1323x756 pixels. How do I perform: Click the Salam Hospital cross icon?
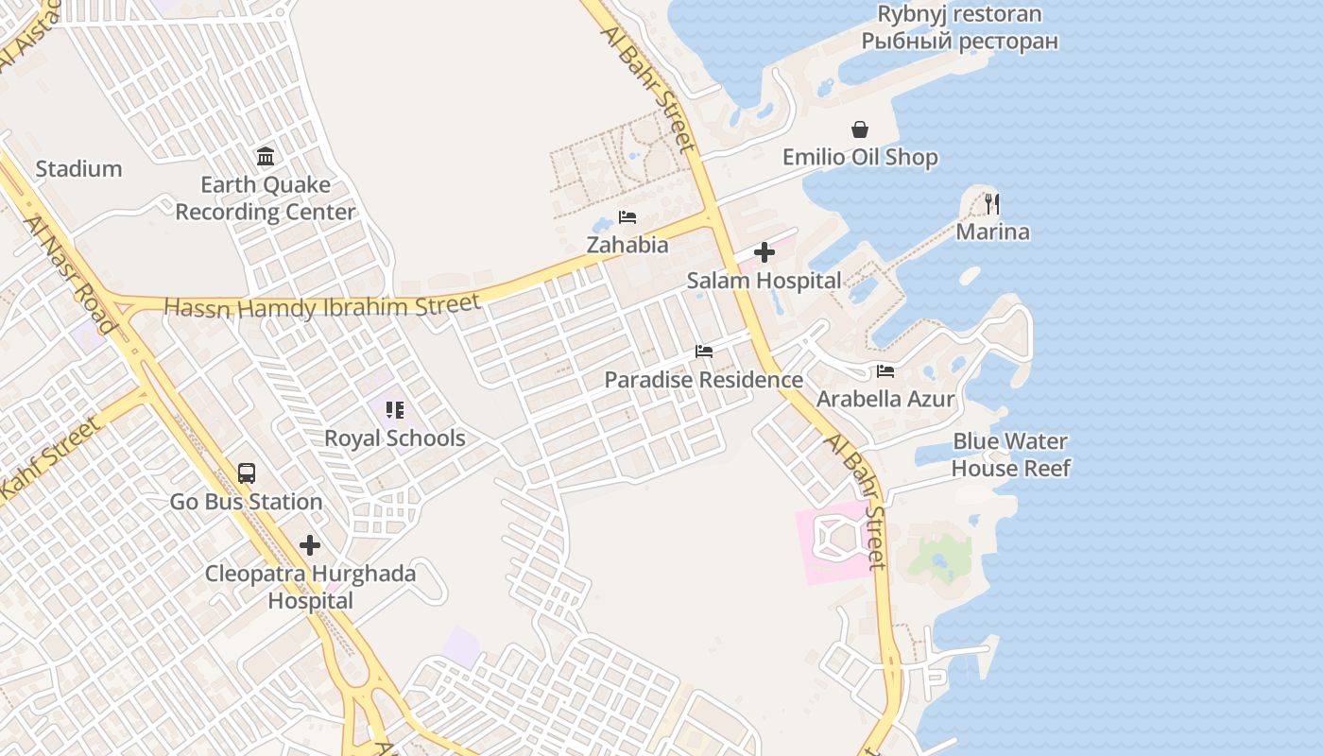coord(765,252)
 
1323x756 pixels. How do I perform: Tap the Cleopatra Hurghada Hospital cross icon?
coord(309,545)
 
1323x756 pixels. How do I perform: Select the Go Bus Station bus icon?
coord(246,472)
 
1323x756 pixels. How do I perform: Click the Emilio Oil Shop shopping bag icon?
coord(860,129)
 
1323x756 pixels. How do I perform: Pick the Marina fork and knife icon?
coord(992,203)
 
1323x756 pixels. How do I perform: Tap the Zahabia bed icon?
coord(627,217)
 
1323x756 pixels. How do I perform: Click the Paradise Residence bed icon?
coord(703,352)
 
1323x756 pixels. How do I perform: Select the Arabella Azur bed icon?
coord(885,371)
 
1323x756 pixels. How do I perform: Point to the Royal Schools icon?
coord(394,410)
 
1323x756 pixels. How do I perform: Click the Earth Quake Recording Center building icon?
coord(266,156)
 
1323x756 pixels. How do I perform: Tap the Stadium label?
coord(78,169)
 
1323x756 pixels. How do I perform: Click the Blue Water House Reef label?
coord(1010,455)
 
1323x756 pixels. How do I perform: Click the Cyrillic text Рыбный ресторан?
coord(959,42)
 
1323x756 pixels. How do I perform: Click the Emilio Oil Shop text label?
coord(860,158)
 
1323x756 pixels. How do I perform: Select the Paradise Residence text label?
coord(703,380)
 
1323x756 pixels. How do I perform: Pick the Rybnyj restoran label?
coord(959,14)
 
